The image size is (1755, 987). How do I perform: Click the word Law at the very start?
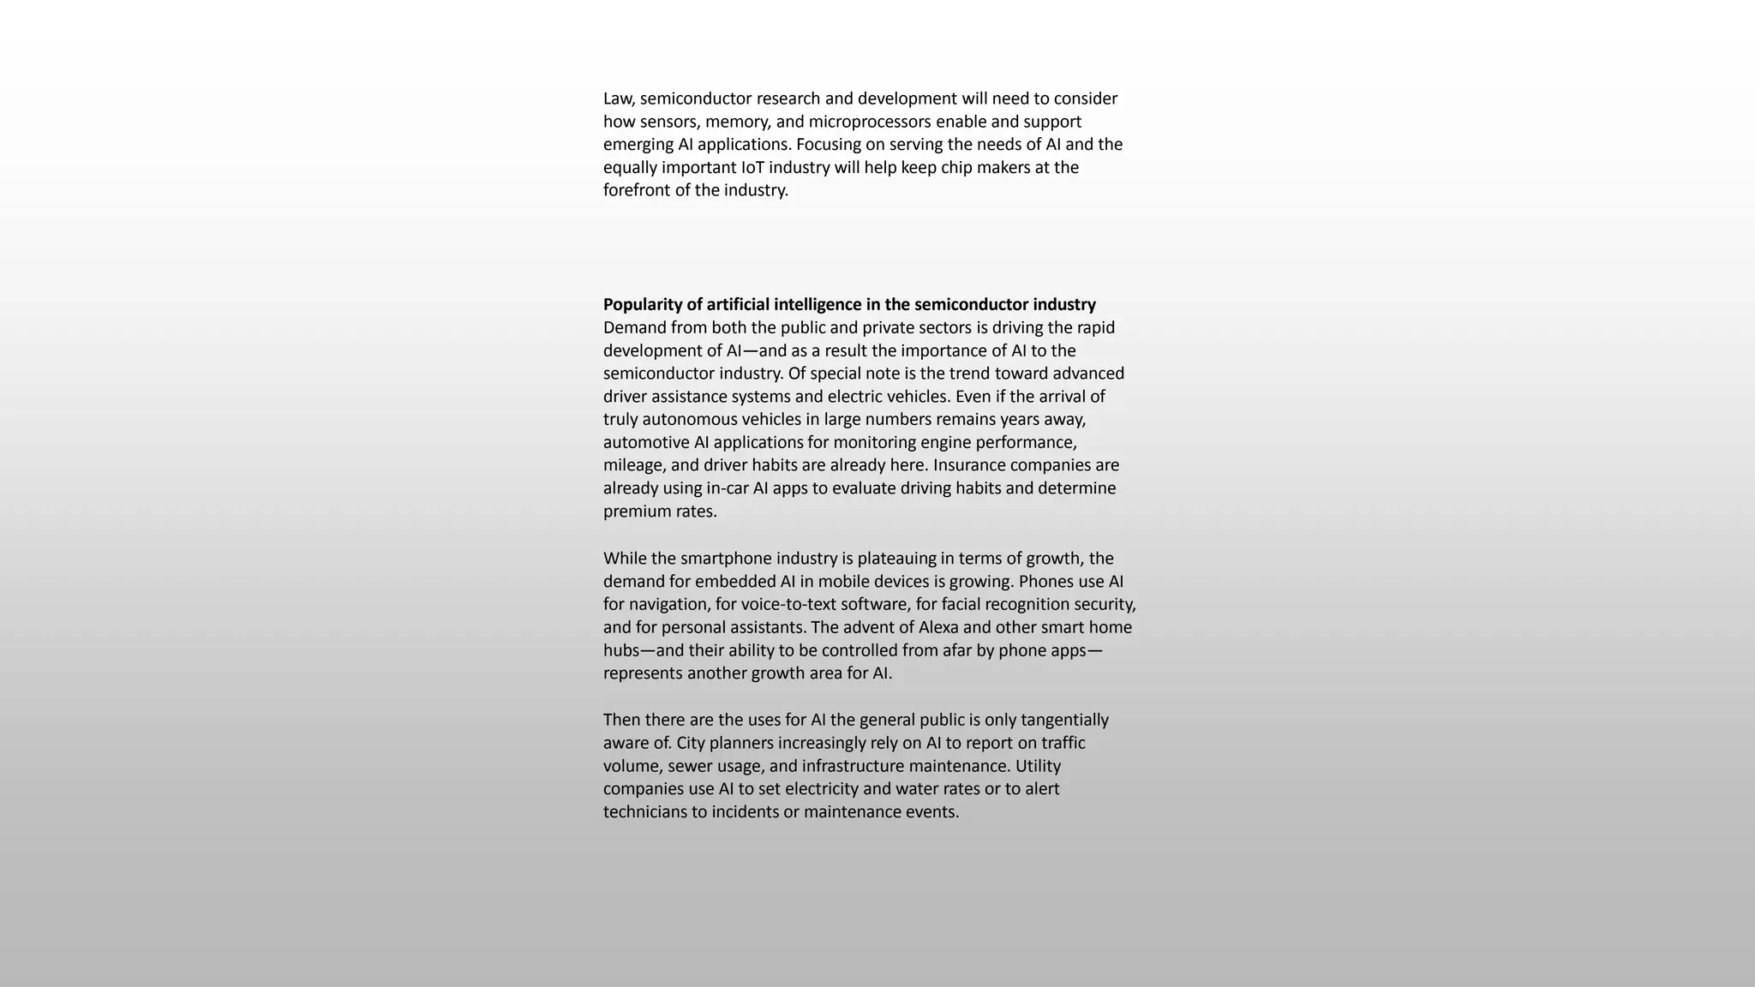(x=619, y=99)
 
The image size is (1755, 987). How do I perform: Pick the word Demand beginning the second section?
(x=634, y=328)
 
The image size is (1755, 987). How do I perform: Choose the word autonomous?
(x=689, y=420)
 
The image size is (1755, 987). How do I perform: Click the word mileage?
(x=632, y=465)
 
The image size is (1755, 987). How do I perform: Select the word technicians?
(x=645, y=812)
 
